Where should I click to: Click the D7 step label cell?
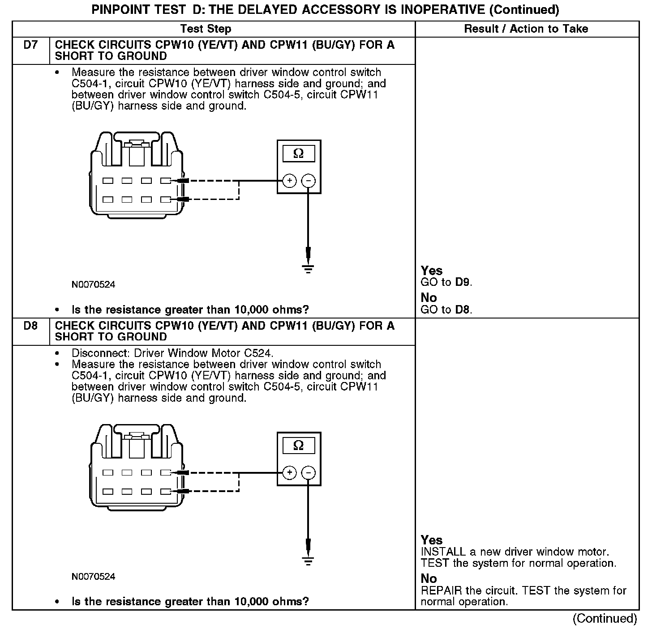tap(30, 45)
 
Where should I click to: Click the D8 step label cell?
tap(30, 326)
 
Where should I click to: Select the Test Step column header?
tap(206, 29)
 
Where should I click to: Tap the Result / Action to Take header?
tap(526, 29)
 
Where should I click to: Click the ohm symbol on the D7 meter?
tap(299, 154)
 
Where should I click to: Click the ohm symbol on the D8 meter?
tap(299, 446)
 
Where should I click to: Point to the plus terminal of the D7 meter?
tap(290, 181)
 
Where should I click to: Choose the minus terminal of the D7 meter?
tap(308, 181)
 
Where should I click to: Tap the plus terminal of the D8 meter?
tap(290, 473)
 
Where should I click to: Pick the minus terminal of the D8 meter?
tap(308, 473)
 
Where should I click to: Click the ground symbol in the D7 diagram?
tap(308, 269)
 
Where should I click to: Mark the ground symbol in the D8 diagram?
tap(308, 561)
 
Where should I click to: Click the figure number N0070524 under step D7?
tap(93, 285)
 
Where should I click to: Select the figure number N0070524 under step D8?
tap(93, 577)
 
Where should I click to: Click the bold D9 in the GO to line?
tap(463, 282)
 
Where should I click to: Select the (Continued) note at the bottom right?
tap(605, 618)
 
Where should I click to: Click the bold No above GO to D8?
tap(429, 298)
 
